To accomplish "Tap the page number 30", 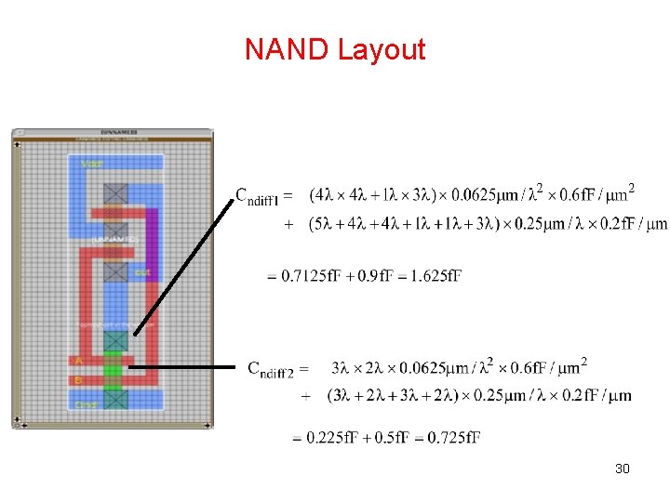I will tap(623, 468).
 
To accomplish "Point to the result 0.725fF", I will tap(453, 437).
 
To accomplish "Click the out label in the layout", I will tap(141, 272).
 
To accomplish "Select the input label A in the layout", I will tap(79, 360).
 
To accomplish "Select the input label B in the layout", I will tap(79, 379).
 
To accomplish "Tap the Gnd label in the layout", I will tap(87, 404).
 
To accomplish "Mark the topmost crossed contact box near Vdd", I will tap(115, 193).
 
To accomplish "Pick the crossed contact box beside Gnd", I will tap(115, 399).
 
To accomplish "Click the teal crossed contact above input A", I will tap(115, 340).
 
